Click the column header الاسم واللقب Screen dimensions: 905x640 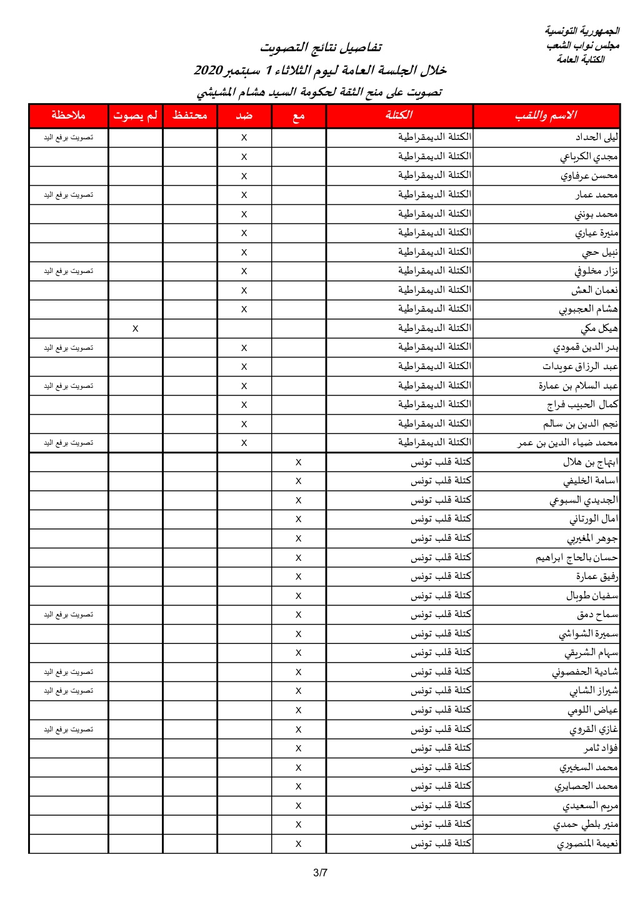click(546, 116)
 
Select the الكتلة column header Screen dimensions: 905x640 click(399, 116)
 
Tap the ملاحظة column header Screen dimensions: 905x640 click(68, 116)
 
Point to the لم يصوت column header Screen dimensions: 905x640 click(135, 116)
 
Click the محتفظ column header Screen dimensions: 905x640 click(189, 116)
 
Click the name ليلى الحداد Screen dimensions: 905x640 click(597, 137)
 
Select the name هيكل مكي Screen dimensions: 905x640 click(599, 329)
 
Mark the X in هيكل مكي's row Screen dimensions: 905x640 click(135, 329)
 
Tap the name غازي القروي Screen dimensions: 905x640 click(594, 729)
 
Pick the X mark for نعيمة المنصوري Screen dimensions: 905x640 click(298, 844)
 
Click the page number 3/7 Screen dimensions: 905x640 click(320, 873)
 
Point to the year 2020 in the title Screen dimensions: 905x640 click(208, 70)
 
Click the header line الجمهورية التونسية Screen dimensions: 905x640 click(582, 31)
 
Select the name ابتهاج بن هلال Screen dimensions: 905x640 click(591, 462)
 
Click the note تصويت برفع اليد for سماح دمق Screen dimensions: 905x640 click(68, 615)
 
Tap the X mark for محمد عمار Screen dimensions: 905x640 click(244, 195)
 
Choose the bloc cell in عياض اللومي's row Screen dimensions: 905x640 click(441, 710)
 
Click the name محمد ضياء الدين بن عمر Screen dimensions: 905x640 click(567, 443)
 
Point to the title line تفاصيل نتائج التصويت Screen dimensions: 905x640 click(321, 47)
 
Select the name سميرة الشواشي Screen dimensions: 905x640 click(588, 634)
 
